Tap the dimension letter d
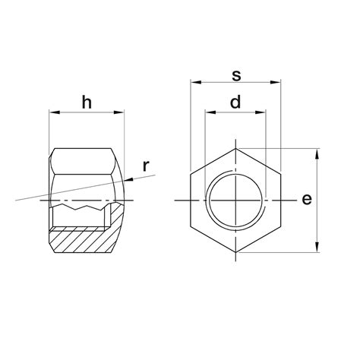(x=235, y=102)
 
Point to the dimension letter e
(x=306, y=200)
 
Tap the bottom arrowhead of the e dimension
(x=316, y=248)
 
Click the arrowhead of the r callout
(x=127, y=179)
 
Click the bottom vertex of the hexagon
(x=236, y=252)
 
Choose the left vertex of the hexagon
(x=191, y=200)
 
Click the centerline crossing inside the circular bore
(x=236, y=200)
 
